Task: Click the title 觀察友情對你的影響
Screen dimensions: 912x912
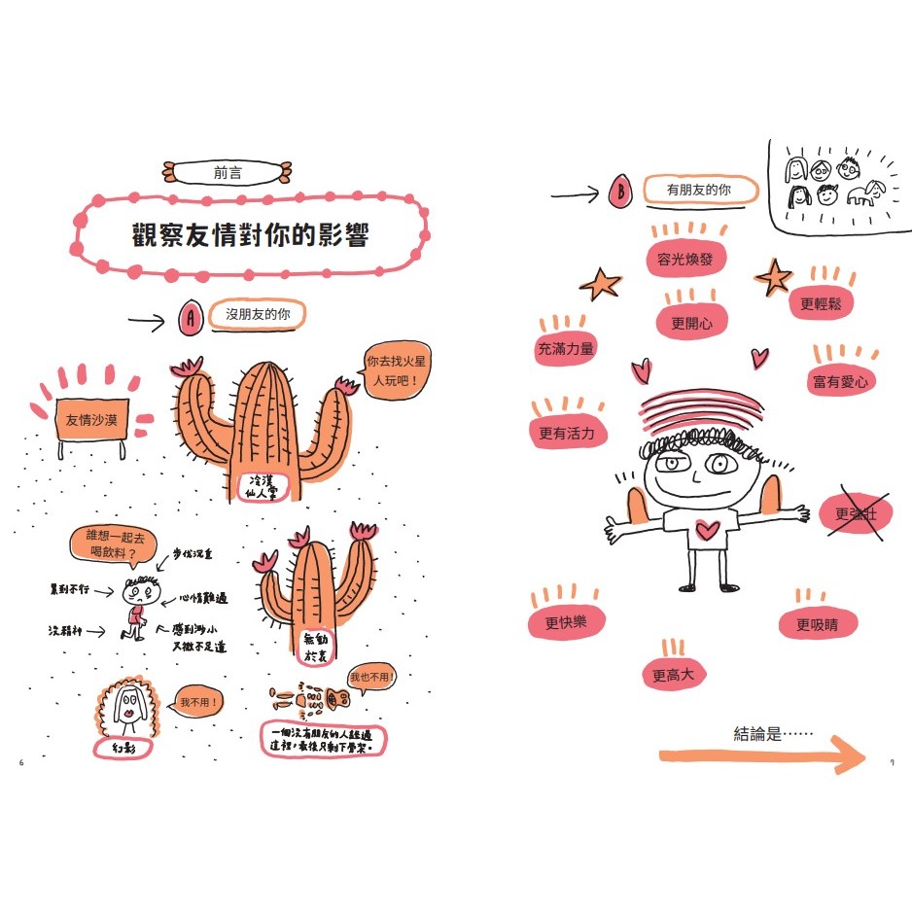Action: pos(251,235)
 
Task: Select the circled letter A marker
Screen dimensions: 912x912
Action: pos(191,316)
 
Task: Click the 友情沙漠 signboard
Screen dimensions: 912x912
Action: pos(91,420)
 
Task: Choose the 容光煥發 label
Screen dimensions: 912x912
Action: pos(685,260)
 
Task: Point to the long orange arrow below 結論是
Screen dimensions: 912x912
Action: pos(761,755)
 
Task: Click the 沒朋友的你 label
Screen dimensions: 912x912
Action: pos(258,315)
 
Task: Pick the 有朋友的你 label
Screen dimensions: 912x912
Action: pos(698,192)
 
